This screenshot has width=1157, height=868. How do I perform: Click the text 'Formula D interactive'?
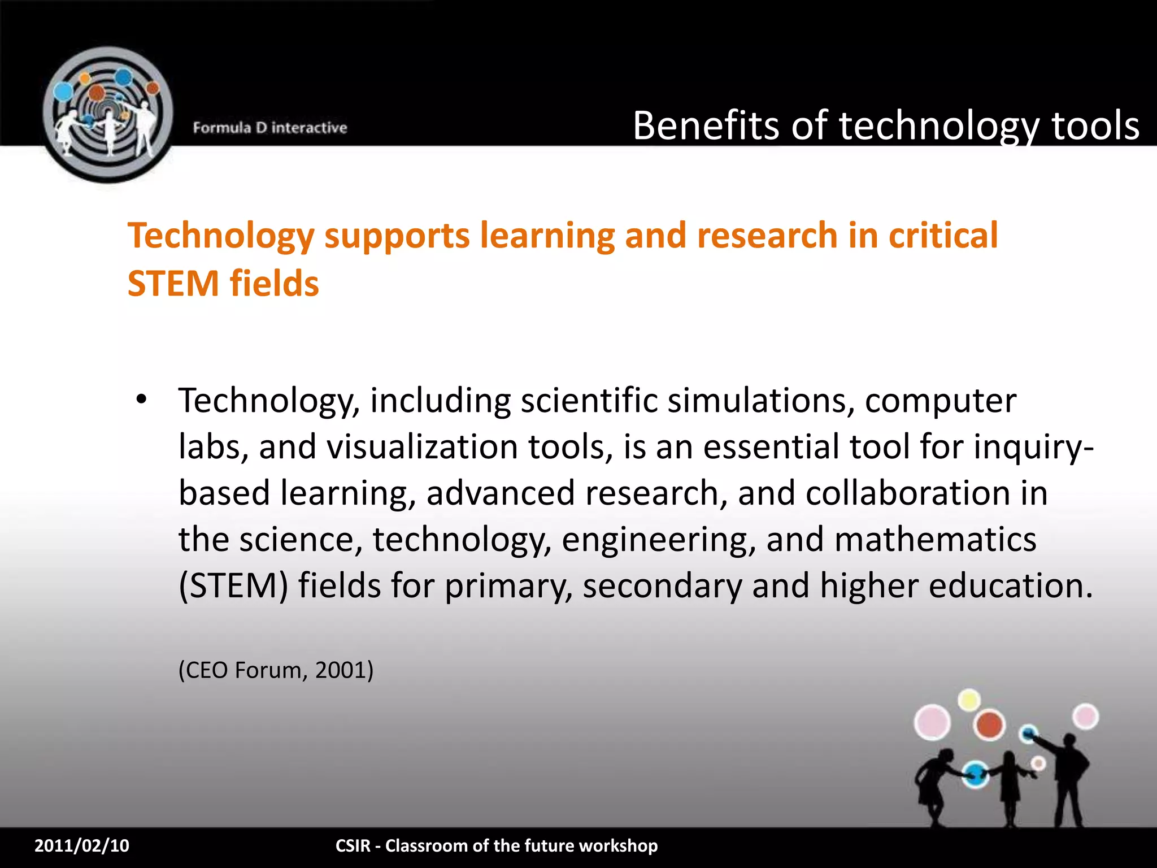pyautogui.click(x=269, y=128)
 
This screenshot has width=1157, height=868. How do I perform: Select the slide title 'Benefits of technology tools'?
pyautogui.click(x=885, y=125)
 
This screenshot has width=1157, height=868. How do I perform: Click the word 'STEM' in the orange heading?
pyautogui.click(x=173, y=283)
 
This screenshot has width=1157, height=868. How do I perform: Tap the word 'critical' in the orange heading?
pyautogui.click(x=943, y=235)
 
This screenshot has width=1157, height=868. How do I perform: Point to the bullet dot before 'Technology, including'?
pyautogui.click(x=141, y=400)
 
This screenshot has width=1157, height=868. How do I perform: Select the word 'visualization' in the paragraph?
pyautogui.click(x=422, y=447)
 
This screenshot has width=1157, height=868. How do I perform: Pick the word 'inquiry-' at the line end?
pyautogui.click(x=1033, y=447)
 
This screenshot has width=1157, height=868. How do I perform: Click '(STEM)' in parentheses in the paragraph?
pyautogui.click(x=233, y=585)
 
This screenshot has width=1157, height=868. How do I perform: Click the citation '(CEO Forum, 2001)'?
pyautogui.click(x=276, y=670)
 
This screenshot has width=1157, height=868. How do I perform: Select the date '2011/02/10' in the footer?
pyautogui.click(x=82, y=845)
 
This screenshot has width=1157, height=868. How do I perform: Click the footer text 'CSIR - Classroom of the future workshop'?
pyautogui.click(x=497, y=845)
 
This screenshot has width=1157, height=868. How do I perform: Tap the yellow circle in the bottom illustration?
pyautogui.click(x=969, y=700)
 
